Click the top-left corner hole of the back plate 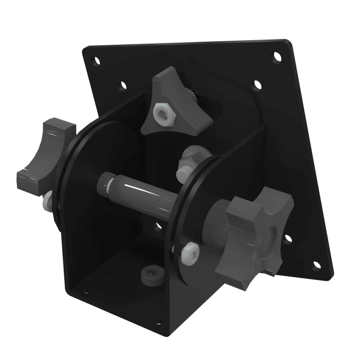96,61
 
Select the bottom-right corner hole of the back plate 316,265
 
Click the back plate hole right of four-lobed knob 288,238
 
